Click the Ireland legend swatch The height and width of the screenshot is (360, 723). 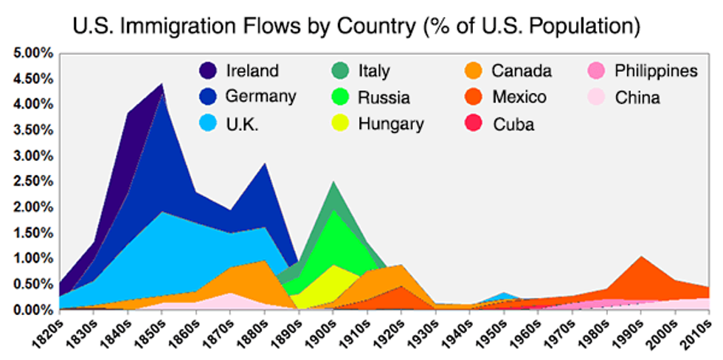(x=207, y=72)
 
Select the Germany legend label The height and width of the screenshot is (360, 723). (x=260, y=96)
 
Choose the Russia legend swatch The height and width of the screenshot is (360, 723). (x=340, y=97)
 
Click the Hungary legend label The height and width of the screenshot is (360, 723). (x=391, y=123)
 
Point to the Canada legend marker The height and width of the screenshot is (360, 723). (x=474, y=72)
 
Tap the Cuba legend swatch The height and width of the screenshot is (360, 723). (x=474, y=123)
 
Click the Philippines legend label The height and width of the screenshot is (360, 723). (x=656, y=72)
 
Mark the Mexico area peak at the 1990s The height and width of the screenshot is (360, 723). (x=642, y=257)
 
